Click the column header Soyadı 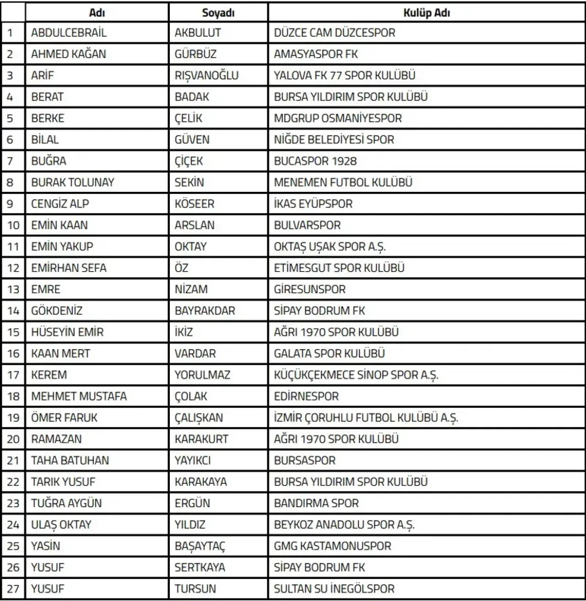(x=218, y=13)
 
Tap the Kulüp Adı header (x=426, y=13)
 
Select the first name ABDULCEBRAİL (x=69, y=33)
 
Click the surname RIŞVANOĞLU (x=206, y=76)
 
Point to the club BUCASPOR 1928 (x=315, y=161)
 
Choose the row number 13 (x=13, y=290)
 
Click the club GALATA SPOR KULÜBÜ (x=329, y=354)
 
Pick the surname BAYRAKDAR (x=205, y=311)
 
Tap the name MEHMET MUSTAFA (x=79, y=396)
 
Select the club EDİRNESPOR (x=306, y=396)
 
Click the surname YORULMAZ (x=202, y=375)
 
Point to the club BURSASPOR (x=304, y=460)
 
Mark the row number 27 (x=13, y=589)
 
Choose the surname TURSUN (x=195, y=589)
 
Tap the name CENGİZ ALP (x=60, y=204)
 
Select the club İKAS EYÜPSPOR (x=313, y=204)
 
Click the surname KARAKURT (x=201, y=439)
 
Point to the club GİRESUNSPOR (x=309, y=290)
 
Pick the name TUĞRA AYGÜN (x=66, y=503)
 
